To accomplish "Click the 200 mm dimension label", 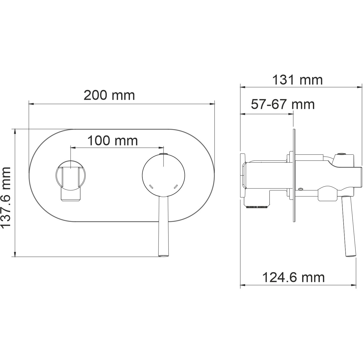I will click(x=109, y=96).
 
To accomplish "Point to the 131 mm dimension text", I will click(x=297, y=80).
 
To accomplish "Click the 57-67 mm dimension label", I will click(x=282, y=104).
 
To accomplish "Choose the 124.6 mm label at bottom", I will click(x=294, y=277).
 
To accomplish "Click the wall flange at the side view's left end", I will click(x=243, y=176).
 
